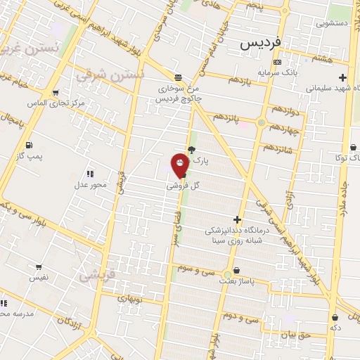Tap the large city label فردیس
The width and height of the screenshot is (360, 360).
(260, 42)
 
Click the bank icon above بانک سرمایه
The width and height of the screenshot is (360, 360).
(277, 62)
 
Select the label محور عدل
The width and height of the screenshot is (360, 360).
(90, 185)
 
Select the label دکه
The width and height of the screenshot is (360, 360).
(335, 328)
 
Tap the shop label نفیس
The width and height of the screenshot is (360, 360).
(38, 278)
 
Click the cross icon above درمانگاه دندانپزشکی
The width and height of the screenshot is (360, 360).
(237, 220)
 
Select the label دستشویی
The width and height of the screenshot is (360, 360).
(331, 23)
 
